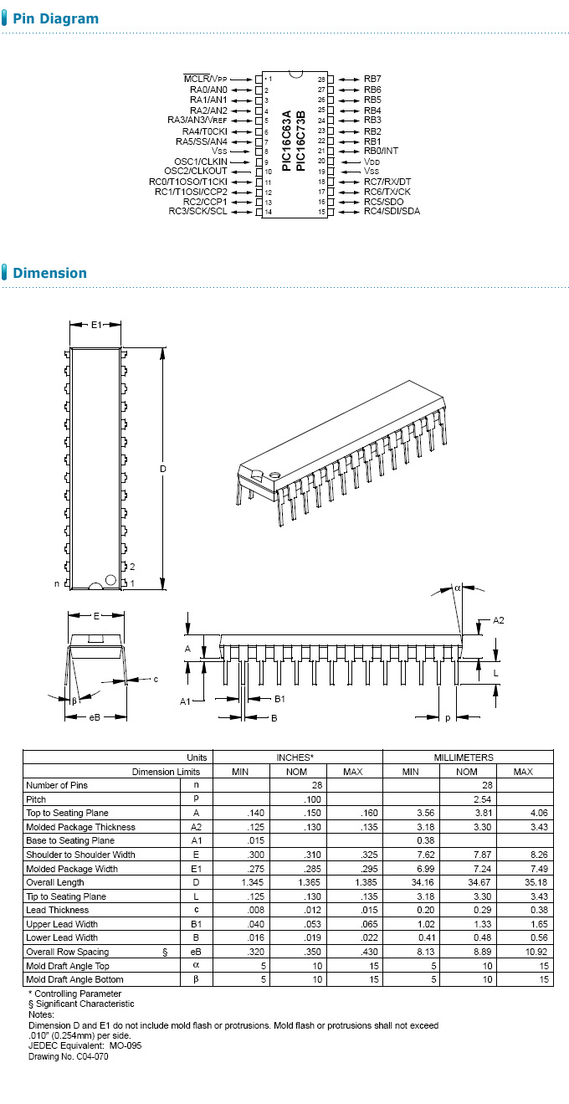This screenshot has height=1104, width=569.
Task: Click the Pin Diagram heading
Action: [55, 18]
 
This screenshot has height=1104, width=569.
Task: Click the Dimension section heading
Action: [49, 273]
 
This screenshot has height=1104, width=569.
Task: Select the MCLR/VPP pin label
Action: [205, 79]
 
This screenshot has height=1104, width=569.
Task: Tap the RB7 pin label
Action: [372, 79]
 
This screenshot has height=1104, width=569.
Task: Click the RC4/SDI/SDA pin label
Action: [392, 211]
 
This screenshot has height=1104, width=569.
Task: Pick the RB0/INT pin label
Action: [381, 151]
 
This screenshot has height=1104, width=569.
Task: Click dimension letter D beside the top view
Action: [163, 469]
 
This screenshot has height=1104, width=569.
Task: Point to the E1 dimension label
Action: [96, 324]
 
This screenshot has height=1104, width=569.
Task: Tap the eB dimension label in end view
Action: [95, 717]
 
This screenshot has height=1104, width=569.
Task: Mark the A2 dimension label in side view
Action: [499, 620]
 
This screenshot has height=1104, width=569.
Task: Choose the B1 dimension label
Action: [280, 698]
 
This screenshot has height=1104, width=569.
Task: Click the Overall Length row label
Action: [55, 882]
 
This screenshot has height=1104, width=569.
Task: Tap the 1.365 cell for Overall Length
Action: [296, 882]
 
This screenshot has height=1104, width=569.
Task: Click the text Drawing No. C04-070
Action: [68, 1056]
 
